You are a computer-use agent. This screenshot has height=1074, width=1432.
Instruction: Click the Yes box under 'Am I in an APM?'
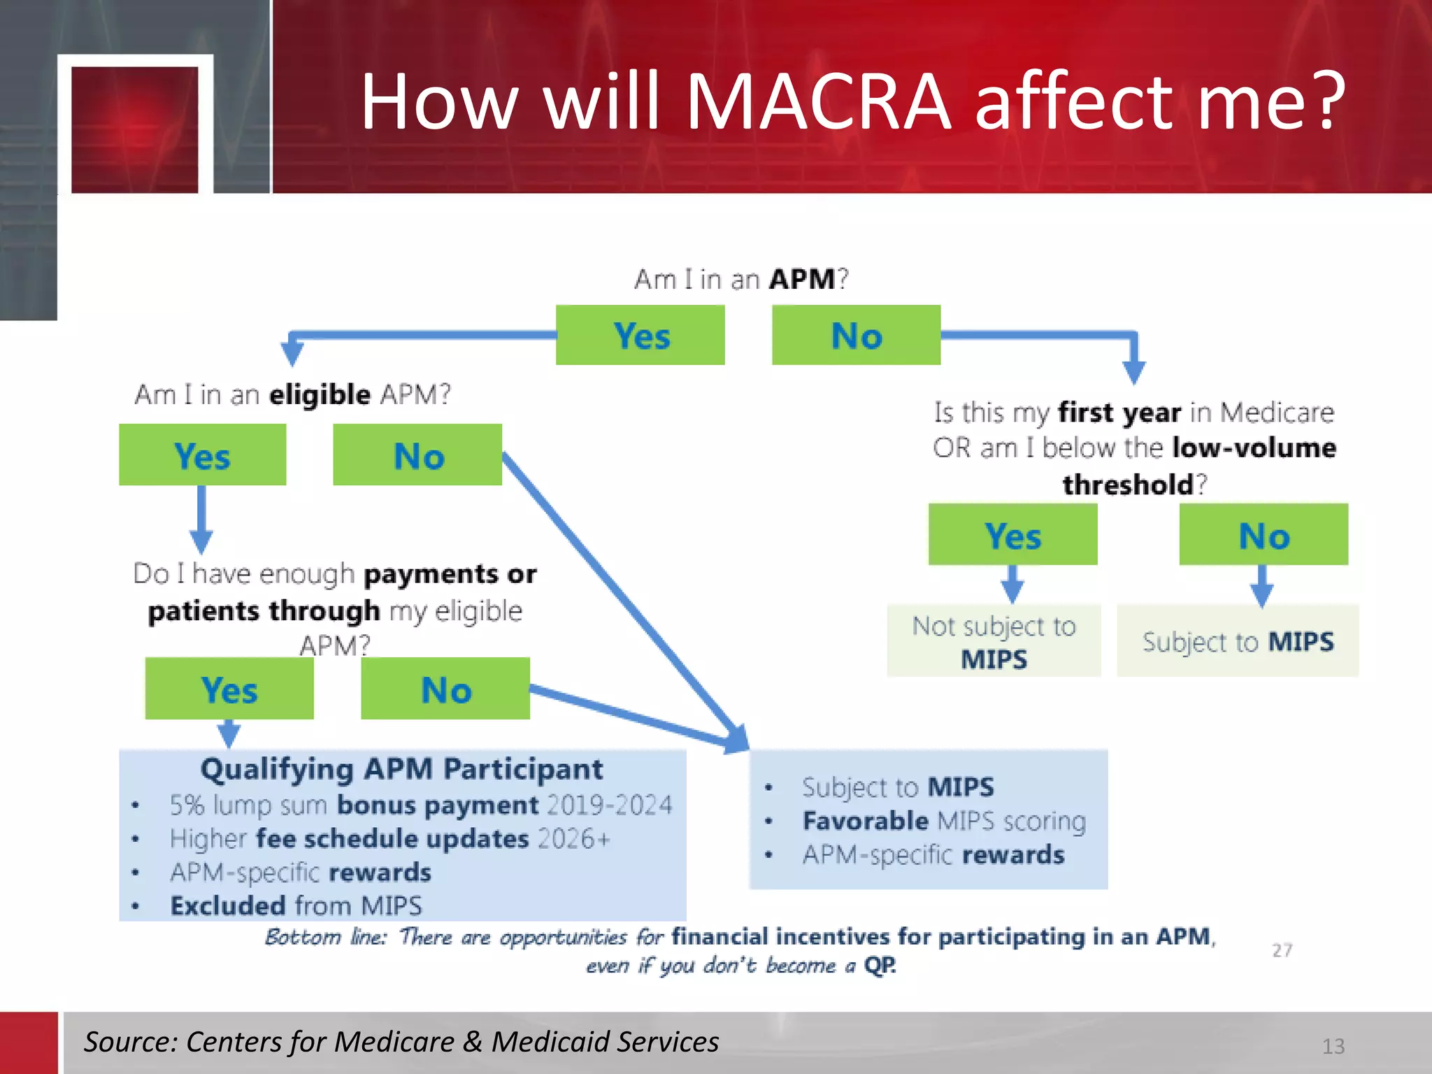pos(640,335)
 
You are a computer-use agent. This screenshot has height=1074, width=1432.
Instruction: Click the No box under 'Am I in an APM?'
pos(856,335)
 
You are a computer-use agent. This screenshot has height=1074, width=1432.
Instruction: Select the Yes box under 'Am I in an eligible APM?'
pos(202,455)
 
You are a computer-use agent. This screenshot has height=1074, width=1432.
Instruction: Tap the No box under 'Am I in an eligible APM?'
pos(417,455)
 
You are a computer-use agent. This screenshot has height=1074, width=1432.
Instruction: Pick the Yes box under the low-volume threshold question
pos(1012,535)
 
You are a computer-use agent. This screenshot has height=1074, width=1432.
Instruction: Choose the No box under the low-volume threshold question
pos(1263,535)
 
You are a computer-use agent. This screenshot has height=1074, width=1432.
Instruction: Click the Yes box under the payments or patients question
pos(229,689)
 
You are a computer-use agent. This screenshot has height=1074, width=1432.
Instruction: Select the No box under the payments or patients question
pos(445,689)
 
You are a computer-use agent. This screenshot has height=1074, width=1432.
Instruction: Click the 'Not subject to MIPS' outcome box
pos(994,641)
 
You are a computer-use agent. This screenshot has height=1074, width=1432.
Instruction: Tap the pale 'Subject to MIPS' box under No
pos(1238,641)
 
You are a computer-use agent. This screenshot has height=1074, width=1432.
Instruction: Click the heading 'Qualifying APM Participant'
pos(401,769)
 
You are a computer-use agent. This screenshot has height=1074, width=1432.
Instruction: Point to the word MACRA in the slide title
pos(818,101)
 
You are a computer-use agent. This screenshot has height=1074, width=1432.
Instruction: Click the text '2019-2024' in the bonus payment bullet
pos(608,805)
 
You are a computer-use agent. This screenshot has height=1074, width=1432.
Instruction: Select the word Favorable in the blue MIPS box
pos(866,821)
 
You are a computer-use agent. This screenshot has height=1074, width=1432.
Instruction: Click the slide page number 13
pos(1333,1046)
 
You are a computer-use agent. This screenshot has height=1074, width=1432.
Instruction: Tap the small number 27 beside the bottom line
pos(1282,950)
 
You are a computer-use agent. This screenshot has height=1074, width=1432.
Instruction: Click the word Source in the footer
pos(130,1042)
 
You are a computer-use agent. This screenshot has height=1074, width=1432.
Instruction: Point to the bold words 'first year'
pos(1119,413)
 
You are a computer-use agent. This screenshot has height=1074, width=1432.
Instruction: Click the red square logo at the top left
pos(135,129)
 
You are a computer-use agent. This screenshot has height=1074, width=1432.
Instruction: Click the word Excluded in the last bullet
pos(228,905)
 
